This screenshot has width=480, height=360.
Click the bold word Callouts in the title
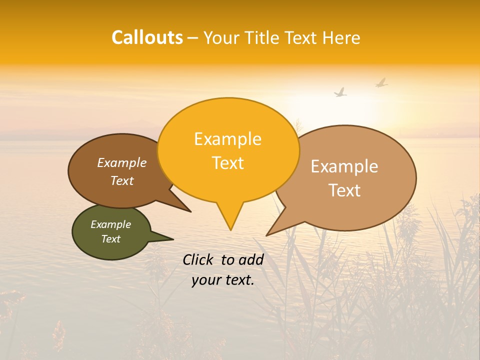pyautogui.click(x=147, y=37)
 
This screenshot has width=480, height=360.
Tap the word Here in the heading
pyautogui.click(x=341, y=38)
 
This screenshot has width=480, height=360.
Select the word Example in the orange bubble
pyautogui.click(x=227, y=139)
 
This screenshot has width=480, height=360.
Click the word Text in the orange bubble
pyautogui.click(x=227, y=163)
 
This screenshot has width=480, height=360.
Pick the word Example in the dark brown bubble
pyautogui.click(x=121, y=163)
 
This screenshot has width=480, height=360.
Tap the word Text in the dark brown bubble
pyautogui.click(x=121, y=181)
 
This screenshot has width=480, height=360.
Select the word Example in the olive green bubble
pyautogui.click(x=110, y=224)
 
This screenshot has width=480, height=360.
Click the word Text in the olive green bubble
pyautogui.click(x=110, y=239)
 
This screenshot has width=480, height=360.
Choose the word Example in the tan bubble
pyautogui.click(x=344, y=166)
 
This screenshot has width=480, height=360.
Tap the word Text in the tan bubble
pyautogui.click(x=344, y=190)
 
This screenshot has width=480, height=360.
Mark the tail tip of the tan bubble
pyautogui.click(x=267, y=235)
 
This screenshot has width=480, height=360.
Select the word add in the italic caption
pyautogui.click(x=251, y=259)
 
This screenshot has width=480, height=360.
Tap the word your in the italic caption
pyautogui.click(x=206, y=280)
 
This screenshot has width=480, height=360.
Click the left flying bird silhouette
pyautogui.click(x=340, y=92)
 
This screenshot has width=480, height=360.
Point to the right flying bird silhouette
pyautogui.click(x=381, y=82)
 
